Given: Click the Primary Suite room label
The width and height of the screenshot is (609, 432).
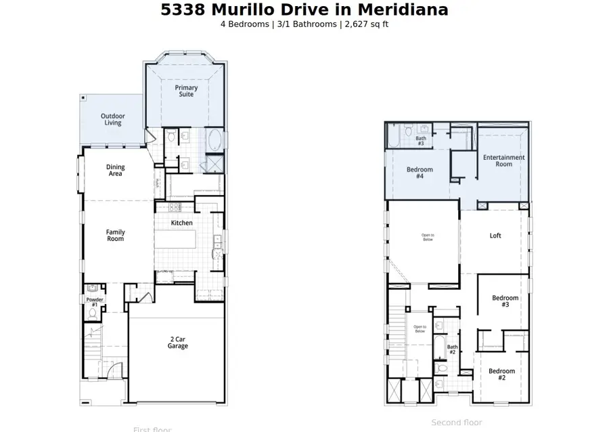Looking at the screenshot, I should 186,91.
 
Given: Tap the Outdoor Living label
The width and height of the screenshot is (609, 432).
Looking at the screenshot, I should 113,119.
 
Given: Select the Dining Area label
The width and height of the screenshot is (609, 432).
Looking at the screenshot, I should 116,171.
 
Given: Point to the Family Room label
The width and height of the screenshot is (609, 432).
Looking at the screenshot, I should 116,236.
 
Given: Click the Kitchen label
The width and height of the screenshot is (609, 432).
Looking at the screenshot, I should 181,223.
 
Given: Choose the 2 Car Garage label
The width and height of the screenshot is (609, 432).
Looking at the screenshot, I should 179,343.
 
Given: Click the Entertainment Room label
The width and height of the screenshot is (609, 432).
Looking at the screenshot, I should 503,160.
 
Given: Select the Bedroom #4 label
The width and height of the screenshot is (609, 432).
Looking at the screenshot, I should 420,172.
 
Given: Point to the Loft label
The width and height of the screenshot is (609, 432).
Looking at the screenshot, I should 495,236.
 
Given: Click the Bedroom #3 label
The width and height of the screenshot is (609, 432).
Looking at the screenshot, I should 505,301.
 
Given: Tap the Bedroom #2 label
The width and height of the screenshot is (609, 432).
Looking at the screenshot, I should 501,374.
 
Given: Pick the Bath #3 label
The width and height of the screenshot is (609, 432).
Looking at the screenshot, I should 420,141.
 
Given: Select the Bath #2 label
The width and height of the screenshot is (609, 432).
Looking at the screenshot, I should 452,349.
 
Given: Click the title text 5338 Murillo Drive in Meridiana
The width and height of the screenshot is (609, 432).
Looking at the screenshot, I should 304,10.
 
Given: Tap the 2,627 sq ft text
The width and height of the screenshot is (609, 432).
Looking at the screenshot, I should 365,24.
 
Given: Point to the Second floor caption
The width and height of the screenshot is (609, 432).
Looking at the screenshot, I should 457,423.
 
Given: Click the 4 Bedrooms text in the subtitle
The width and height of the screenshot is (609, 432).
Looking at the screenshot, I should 246,24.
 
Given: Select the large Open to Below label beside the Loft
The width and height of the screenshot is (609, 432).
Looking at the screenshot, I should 428,237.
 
